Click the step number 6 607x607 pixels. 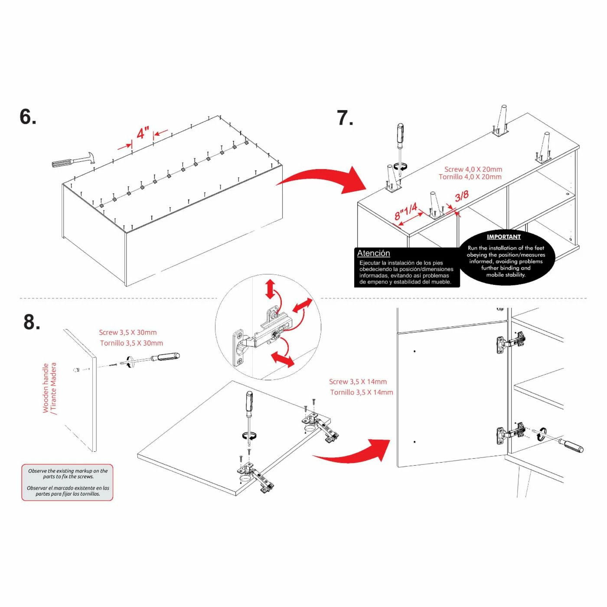28,117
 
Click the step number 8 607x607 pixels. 32,322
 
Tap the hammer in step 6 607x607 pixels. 74,160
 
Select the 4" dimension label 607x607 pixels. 143,133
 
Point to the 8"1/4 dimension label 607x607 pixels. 405,211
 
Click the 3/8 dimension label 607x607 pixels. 462,196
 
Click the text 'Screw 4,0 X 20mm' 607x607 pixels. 473,169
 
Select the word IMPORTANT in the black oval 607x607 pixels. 503,237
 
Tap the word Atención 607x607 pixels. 373,253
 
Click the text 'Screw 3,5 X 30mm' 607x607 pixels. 128,333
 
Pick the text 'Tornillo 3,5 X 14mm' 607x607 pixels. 362,392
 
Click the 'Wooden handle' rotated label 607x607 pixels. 46,388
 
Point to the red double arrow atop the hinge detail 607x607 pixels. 270,289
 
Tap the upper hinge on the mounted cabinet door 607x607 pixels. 512,343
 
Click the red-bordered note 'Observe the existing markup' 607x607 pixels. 67,482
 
